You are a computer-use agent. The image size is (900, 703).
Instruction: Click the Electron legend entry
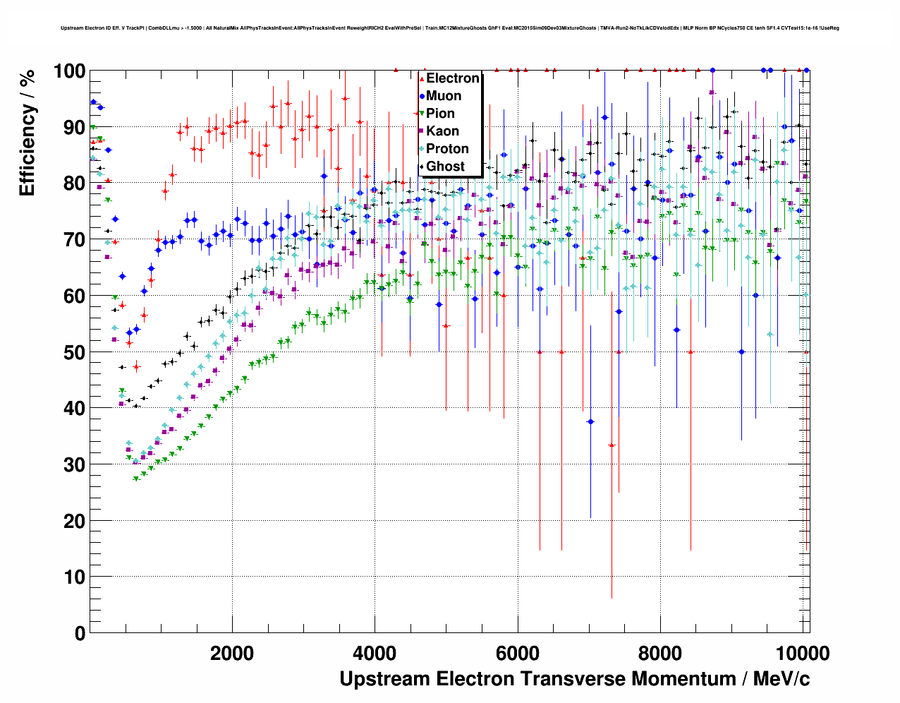click(x=452, y=78)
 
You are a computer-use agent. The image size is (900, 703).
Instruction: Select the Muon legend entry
click(x=443, y=96)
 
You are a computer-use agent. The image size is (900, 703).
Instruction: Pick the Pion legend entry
click(x=440, y=114)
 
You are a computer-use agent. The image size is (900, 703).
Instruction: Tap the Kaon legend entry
click(x=442, y=131)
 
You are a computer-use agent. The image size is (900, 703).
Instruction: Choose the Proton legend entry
click(x=447, y=149)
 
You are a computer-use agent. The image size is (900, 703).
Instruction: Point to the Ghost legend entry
click(x=445, y=167)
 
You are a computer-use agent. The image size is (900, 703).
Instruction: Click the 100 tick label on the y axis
click(x=69, y=71)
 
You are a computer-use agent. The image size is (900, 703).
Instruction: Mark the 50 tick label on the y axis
click(x=74, y=352)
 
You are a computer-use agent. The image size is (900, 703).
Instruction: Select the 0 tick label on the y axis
click(x=80, y=633)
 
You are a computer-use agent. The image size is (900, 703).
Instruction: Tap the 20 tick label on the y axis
click(x=74, y=521)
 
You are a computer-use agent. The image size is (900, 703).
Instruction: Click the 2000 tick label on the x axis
click(x=232, y=653)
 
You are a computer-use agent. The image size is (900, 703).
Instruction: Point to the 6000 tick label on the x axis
click(x=518, y=653)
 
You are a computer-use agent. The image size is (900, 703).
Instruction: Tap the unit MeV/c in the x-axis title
click(x=781, y=679)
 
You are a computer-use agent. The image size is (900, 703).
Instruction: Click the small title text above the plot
click(x=449, y=28)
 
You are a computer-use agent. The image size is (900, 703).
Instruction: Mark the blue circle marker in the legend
click(x=422, y=96)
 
